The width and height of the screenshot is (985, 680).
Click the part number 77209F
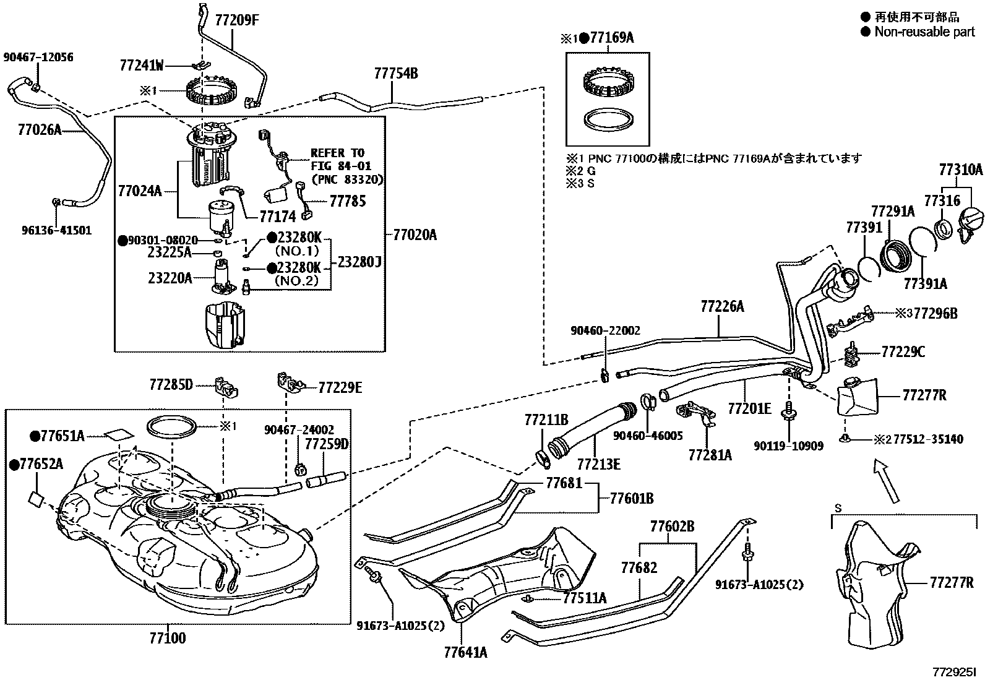click(x=236, y=20)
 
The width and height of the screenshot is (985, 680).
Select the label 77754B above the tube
click(x=395, y=74)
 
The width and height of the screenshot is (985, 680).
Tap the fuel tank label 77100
click(x=167, y=638)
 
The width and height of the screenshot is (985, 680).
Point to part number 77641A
click(x=465, y=652)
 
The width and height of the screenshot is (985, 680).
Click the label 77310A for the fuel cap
click(x=960, y=170)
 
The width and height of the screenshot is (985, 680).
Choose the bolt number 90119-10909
click(x=788, y=445)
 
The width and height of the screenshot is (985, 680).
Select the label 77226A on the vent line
click(x=722, y=306)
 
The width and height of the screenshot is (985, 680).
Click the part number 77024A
click(x=139, y=191)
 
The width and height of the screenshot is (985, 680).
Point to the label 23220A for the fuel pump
click(x=170, y=278)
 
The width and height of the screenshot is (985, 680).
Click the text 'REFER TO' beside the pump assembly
click(x=337, y=153)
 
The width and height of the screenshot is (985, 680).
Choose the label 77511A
click(x=584, y=598)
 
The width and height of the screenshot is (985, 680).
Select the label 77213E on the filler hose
click(x=598, y=463)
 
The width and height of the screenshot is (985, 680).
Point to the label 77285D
click(x=171, y=385)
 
